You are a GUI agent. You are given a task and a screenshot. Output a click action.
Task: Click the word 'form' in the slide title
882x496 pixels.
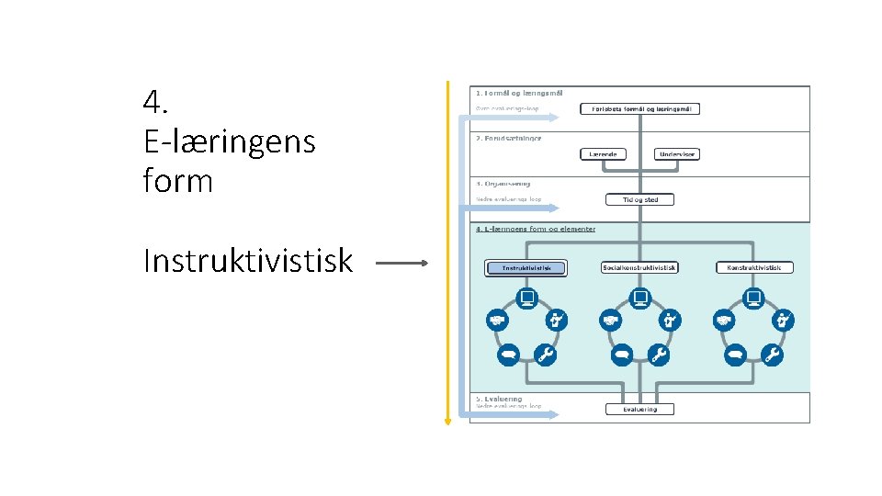[x=177, y=181]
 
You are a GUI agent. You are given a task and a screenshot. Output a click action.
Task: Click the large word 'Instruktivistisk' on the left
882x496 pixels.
[x=248, y=262]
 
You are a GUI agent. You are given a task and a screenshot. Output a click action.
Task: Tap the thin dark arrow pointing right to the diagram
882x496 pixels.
[x=401, y=263]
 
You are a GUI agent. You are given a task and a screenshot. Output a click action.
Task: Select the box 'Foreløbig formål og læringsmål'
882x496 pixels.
[x=639, y=108]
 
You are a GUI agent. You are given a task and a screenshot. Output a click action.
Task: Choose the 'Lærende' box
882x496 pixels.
[x=604, y=154]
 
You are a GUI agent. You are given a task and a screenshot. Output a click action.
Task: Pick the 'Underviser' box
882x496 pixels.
[x=676, y=154]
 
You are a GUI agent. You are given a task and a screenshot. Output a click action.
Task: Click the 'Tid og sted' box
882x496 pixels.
[x=639, y=199]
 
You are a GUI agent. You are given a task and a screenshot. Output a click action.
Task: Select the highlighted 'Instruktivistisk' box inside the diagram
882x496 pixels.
[x=526, y=268]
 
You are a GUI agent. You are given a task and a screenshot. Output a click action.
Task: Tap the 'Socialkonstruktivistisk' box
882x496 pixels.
[x=639, y=268]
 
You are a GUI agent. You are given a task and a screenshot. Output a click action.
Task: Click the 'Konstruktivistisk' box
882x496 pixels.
[x=754, y=268]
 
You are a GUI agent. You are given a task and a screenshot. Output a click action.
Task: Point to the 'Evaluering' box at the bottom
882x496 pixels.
[x=639, y=409]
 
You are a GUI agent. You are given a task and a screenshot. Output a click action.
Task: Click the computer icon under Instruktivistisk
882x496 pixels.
[x=526, y=298]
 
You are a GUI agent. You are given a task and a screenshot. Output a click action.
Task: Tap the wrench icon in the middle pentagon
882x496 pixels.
[x=659, y=355]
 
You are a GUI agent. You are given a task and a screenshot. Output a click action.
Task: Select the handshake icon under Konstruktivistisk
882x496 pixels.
[x=725, y=321]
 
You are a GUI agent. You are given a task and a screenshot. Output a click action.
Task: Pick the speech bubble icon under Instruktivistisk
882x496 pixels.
[x=508, y=355]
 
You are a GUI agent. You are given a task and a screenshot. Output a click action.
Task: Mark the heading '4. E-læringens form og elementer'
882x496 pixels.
[x=535, y=229]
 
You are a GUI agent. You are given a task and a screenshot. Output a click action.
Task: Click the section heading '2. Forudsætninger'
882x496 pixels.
[x=508, y=138]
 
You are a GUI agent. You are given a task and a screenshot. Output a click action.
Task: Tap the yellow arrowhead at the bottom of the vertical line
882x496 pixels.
[x=447, y=421]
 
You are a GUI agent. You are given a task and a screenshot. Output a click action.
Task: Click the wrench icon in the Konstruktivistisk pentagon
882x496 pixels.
[x=773, y=355]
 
